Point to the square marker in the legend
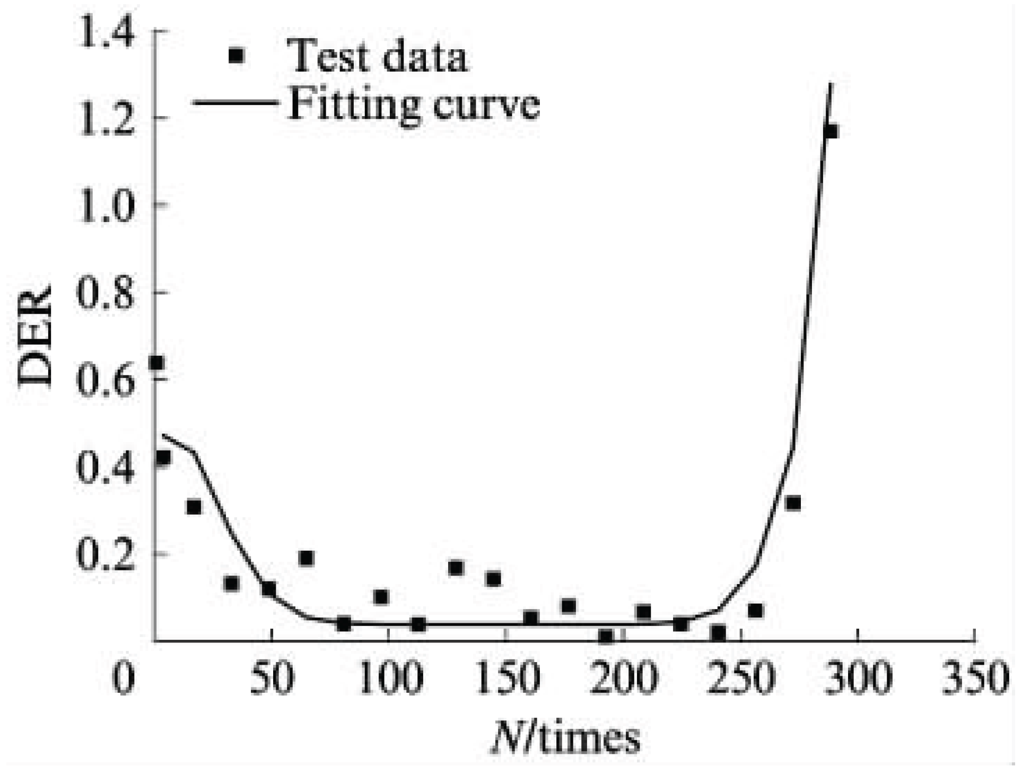coord(237,55)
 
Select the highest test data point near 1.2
coord(831,131)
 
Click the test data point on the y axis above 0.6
coord(156,363)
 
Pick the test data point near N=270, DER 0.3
coord(793,503)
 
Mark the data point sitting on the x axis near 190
coord(606,636)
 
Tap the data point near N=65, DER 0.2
coord(306,558)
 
